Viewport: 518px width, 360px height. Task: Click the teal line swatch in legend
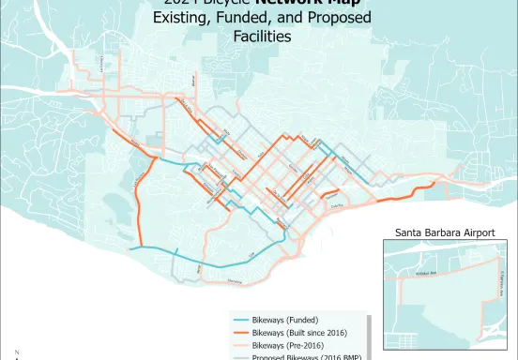241,319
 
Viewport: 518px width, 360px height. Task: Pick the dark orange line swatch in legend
241,333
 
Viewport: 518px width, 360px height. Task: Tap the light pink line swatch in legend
241,346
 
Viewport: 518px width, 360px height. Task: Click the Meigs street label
200,267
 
